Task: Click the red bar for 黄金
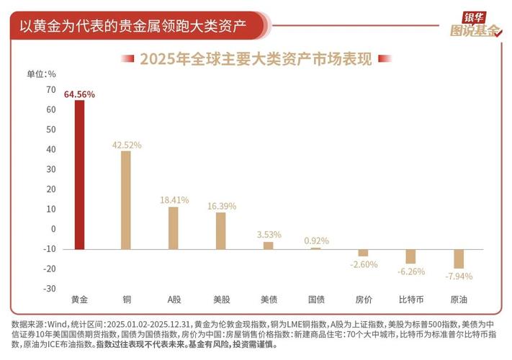(x=79, y=174)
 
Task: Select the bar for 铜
(x=126, y=199)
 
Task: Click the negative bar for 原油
(x=458, y=258)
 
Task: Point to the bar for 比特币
(x=410, y=256)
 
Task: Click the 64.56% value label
(x=79, y=94)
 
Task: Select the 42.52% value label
(x=126, y=145)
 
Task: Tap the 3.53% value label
(x=268, y=235)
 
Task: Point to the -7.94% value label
(x=458, y=276)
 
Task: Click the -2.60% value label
(x=363, y=264)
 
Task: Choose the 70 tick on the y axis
(x=50, y=90)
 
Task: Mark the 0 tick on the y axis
(x=53, y=229)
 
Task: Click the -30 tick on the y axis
(x=49, y=289)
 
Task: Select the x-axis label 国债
(x=315, y=300)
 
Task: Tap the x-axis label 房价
(x=363, y=300)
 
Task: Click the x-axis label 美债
(x=268, y=300)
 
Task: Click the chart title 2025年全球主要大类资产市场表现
(x=256, y=59)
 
